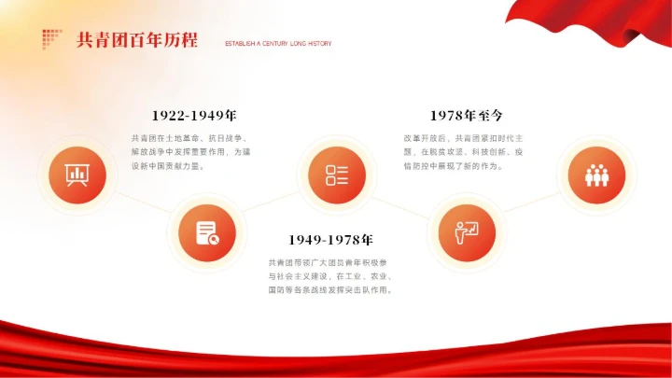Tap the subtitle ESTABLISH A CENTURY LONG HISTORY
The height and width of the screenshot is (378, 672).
tap(278, 44)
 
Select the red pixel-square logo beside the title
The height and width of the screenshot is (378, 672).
tap(51, 38)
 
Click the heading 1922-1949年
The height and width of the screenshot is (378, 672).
tap(184, 116)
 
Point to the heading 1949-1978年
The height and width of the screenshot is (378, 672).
tap(330, 240)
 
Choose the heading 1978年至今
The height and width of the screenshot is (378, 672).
tap(467, 116)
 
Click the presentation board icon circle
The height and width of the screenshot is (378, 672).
tap(72, 175)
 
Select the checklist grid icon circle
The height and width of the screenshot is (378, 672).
tap(337, 175)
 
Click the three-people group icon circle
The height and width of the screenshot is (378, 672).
tap(595, 175)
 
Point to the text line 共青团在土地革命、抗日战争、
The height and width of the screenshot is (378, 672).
tap(189, 138)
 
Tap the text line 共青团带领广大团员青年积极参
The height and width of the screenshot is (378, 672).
tap(330, 262)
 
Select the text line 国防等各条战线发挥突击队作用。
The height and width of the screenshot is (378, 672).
tap(330, 290)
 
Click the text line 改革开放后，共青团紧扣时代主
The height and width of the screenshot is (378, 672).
tap(464, 138)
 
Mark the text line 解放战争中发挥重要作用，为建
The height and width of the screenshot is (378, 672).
tap(191, 152)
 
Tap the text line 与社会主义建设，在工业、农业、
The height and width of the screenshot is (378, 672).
tap(330, 276)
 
